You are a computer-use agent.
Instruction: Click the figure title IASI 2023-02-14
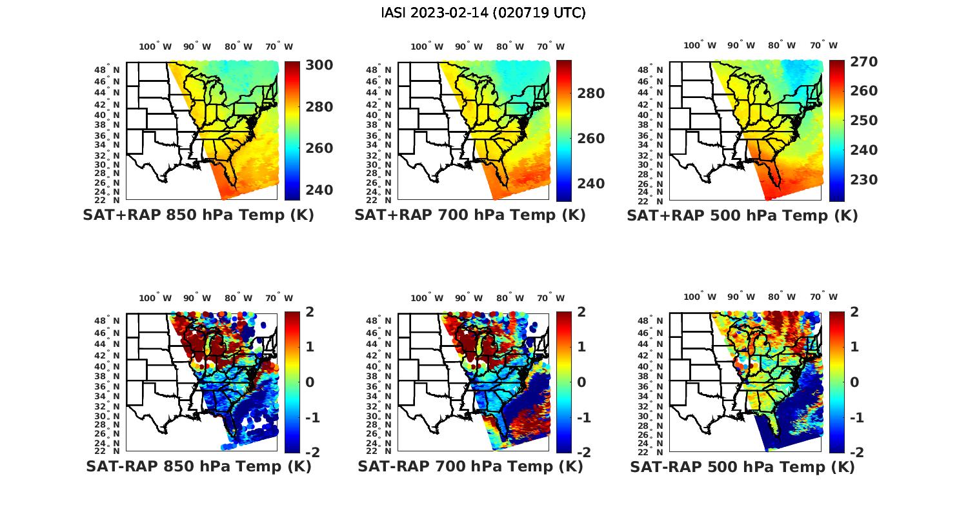(483, 12)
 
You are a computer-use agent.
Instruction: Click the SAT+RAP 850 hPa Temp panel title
(198, 215)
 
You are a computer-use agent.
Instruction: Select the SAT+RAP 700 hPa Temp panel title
(470, 215)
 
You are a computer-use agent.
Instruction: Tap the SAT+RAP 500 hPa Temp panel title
(742, 215)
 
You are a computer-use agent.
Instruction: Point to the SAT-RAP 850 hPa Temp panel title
(198, 466)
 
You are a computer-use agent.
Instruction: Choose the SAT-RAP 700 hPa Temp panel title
(470, 466)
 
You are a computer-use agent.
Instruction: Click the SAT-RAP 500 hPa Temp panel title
(742, 467)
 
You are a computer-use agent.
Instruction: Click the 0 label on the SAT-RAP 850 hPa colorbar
(310, 382)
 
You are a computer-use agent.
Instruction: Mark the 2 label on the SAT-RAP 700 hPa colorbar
(581, 312)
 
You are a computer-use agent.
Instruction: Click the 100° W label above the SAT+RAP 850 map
(156, 46)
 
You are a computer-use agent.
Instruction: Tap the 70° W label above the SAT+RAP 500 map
(823, 45)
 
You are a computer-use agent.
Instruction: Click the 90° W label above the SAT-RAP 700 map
(469, 298)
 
